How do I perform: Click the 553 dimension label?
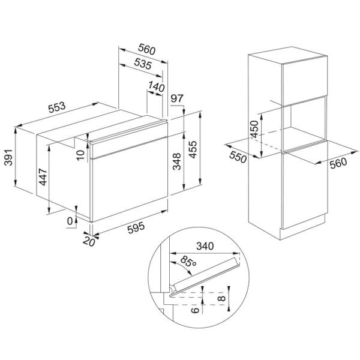57,107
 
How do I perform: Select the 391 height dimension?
9,157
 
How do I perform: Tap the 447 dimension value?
43,177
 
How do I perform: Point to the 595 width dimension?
136,227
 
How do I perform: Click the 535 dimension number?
143,64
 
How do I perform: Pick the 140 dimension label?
157,86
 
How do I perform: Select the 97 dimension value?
177,98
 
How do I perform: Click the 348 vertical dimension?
177,161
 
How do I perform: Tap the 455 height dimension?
193,149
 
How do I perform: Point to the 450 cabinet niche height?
254,129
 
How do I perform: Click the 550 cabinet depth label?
238,157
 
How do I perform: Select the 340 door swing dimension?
205,246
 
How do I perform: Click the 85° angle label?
188,262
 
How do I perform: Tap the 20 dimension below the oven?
89,242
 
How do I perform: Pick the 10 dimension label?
80,155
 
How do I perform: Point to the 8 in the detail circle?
222,298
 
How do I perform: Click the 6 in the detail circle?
195,310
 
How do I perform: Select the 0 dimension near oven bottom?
70,221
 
